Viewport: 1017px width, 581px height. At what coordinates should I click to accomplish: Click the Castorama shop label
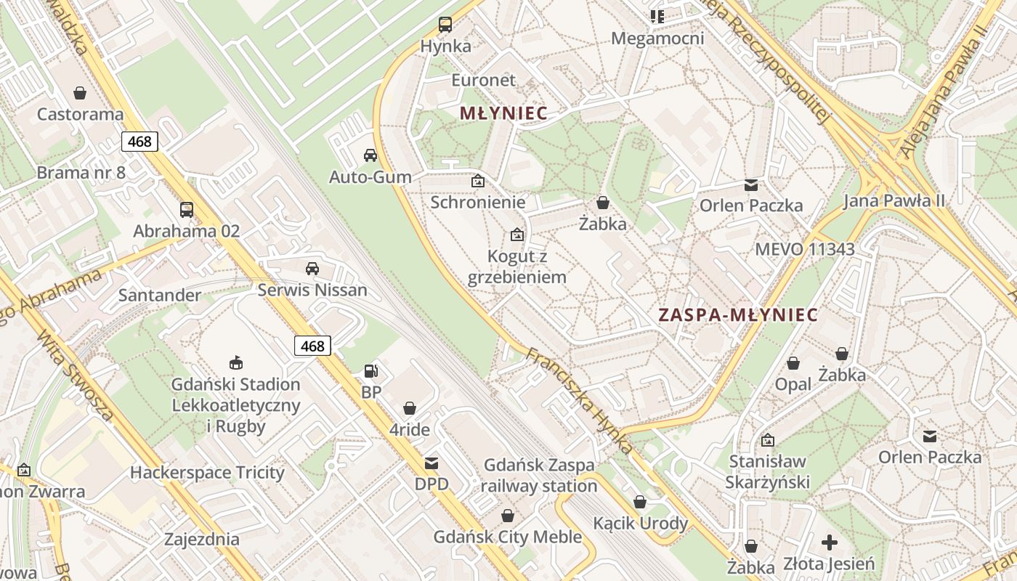tap(80, 114)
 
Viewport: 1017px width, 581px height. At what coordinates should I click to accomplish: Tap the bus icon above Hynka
tap(445, 25)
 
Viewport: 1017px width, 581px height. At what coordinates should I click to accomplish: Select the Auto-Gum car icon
tap(370, 155)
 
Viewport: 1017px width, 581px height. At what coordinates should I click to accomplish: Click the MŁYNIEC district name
tap(503, 114)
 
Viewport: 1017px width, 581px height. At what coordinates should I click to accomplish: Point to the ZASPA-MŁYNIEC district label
tap(737, 315)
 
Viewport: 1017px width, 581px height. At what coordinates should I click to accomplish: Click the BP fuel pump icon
tap(371, 371)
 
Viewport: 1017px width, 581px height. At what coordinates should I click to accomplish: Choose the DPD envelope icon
tap(431, 463)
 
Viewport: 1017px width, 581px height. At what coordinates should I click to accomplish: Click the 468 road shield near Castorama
tap(139, 141)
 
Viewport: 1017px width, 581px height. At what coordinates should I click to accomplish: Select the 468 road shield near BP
tap(312, 346)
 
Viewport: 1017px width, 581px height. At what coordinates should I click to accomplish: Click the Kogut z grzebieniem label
tap(516, 267)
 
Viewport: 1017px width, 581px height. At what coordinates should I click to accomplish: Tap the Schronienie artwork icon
tap(478, 181)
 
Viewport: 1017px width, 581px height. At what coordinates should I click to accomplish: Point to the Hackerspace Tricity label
tap(207, 473)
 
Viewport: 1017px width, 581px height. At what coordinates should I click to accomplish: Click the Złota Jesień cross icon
tap(829, 543)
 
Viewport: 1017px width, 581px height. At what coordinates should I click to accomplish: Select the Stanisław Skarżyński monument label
tap(767, 471)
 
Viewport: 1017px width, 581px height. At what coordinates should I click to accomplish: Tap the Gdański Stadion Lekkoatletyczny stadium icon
tap(236, 362)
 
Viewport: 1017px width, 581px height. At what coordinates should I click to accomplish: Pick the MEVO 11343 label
tap(804, 249)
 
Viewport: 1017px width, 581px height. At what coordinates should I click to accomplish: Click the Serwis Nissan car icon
tap(312, 269)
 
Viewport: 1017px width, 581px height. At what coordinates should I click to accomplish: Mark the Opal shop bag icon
tap(793, 362)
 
